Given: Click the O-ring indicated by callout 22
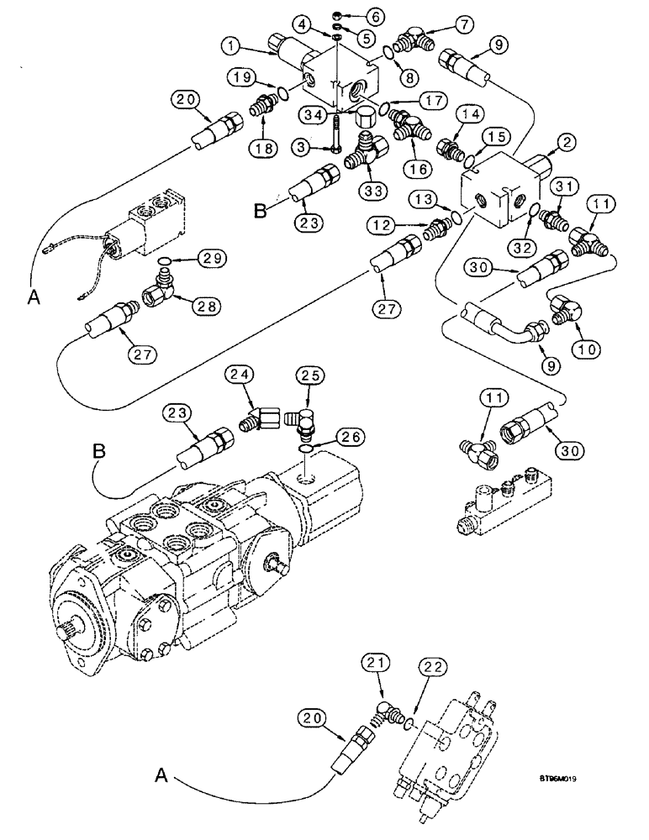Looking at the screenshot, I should pos(409,699).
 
